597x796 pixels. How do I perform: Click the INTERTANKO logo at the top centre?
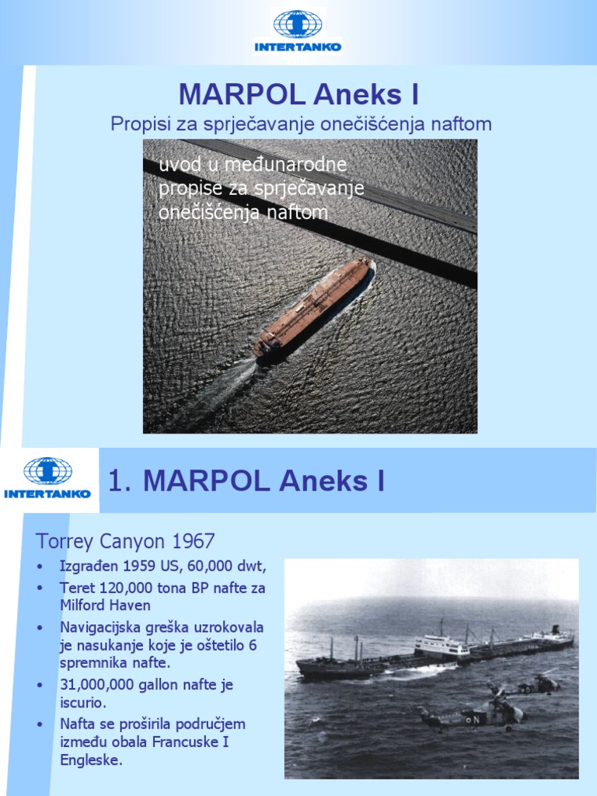pyautogui.click(x=298, y=31)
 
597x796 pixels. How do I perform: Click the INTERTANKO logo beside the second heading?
pyautogui.click(x=47, y=477)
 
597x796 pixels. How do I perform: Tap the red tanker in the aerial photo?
pyautogui.click(x=313, y=306)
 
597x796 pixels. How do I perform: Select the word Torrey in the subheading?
pyautogui.click(x=60, y=541)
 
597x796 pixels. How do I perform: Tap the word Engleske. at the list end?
pyautogui.click(x=91, y=760)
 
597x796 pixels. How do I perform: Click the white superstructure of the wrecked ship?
pyautogui.click(x=441, y=646)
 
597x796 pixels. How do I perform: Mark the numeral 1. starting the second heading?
pyautogui.click(x=118, y=481)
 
